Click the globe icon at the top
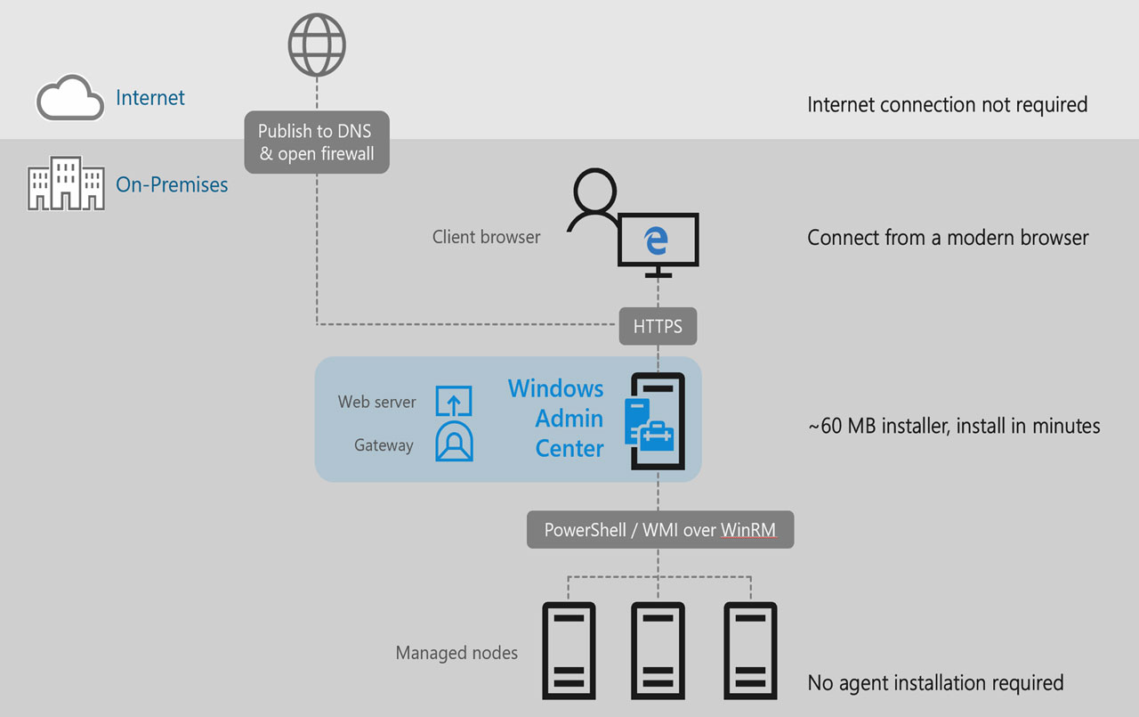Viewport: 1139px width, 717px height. (317, 45)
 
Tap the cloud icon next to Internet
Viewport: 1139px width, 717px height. (69, 97)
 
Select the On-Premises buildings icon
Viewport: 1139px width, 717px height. (66, 183)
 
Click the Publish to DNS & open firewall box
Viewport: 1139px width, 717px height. (317, 142)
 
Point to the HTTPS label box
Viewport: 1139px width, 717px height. (658, 327)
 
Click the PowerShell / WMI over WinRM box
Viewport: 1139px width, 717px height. (659, 530)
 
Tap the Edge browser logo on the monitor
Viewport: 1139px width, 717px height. (657, 239)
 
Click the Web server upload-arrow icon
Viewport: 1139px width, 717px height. (453, 401)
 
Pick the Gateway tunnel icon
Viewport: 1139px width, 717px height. (453, 441)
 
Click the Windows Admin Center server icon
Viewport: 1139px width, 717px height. (657, 420)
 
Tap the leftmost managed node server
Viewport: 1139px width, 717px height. (569, 649)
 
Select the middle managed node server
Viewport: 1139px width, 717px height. (658, 649)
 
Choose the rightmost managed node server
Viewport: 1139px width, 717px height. (749, 649)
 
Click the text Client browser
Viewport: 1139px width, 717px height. (486, 237)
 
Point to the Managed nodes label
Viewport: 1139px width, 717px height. (456, 653)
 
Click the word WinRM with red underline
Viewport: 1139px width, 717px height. (747, 530)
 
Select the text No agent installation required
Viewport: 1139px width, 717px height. (935, 683)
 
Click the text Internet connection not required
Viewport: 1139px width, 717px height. (947, 104)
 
